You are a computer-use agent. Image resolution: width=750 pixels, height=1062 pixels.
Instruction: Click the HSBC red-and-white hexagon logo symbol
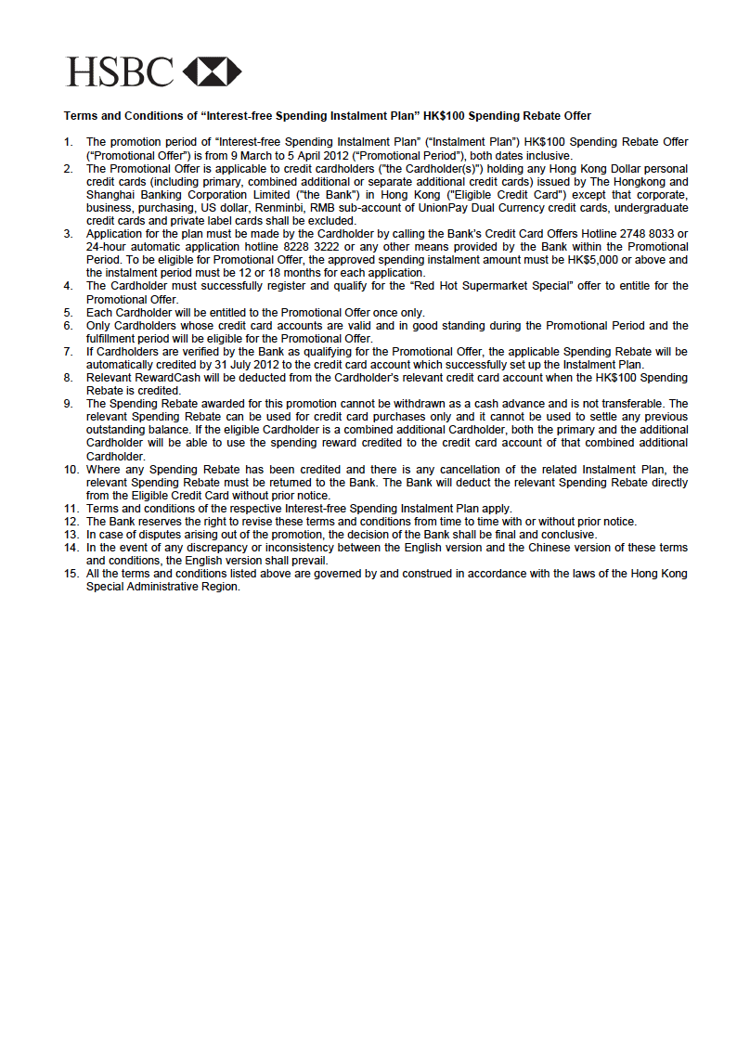[213, 71]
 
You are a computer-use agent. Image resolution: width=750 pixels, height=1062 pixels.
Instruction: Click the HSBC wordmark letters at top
[120, 71]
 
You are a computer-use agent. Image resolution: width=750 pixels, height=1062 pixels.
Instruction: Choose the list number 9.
[68, 404]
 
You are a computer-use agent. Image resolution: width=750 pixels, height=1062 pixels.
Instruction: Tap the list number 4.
[68, 286]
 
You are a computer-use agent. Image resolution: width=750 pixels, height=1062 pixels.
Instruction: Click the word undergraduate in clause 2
[653, 208]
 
